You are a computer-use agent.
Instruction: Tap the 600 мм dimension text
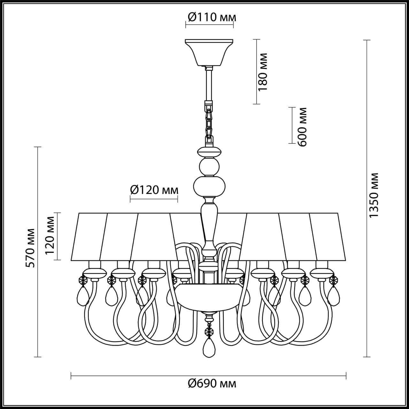click(302, 127)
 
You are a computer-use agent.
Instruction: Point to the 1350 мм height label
click(374, 196)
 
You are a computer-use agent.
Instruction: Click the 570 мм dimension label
click(30, 248)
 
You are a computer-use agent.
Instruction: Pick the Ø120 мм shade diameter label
click(154, 190)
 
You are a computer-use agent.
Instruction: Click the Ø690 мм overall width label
click(212, 383)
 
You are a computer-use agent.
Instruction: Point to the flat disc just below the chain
click(209, 150)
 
